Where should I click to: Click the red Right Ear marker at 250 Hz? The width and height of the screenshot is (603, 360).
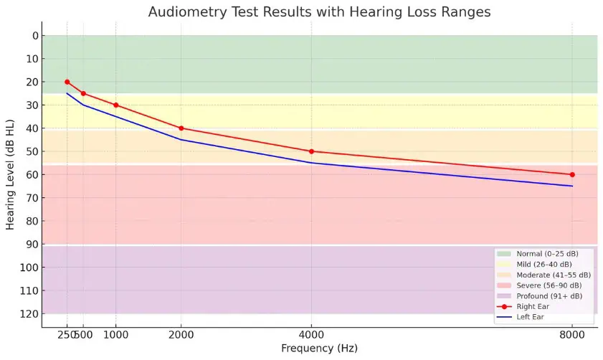pos(67,82)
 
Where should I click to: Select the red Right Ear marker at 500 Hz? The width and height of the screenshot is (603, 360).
pos(83,93)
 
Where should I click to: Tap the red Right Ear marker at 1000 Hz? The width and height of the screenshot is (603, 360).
pos(115,105)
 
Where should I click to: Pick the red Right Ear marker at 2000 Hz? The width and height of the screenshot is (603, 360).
pos(181,128)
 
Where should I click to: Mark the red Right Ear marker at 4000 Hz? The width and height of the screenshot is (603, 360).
pos(311,151)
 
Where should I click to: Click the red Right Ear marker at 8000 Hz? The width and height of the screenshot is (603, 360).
pos(572,174)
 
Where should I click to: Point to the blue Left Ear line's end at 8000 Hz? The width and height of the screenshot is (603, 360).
pos(572,186)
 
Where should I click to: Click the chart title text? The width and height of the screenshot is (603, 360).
pos(319,12)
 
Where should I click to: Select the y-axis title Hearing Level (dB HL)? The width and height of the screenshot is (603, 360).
pos(11,174)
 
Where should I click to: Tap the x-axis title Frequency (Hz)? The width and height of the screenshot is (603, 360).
pos(319,349)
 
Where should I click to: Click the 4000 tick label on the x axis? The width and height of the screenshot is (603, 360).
pos(311,334)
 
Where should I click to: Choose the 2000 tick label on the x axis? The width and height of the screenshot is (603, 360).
pos(181,334)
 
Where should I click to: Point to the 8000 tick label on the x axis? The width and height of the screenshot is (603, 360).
pos(572,334)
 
